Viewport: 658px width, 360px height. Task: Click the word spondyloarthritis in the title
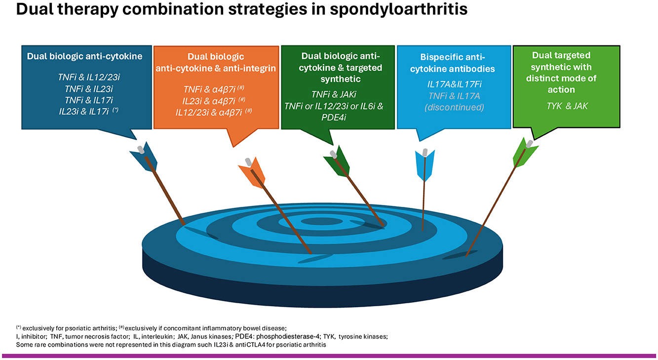click(x=399, y=10)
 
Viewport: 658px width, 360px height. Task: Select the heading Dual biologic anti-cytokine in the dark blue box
click(x=84, y=56)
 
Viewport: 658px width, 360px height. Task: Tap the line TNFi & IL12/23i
click(x=89, y=78)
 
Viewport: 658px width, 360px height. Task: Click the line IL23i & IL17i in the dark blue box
click(x=89, y=112)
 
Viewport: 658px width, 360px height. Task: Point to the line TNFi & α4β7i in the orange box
click(x=214, y=89)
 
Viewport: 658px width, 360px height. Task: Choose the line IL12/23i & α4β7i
click(x=214, y=112)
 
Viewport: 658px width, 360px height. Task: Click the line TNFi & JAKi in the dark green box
click(x=334, y=94)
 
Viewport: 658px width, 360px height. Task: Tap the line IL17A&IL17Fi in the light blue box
click(x=455, y=84)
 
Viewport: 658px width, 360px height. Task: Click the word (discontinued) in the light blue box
click(x=454, y=107)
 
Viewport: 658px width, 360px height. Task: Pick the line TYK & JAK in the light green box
click(x=567, y=106)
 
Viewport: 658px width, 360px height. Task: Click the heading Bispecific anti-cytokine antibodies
click(x=452, y=63)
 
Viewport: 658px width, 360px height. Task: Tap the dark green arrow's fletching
click(x=338, y=161)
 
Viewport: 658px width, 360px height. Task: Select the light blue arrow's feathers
click(x=425, y=165)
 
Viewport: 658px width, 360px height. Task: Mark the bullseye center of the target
click(x=322, y=221)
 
